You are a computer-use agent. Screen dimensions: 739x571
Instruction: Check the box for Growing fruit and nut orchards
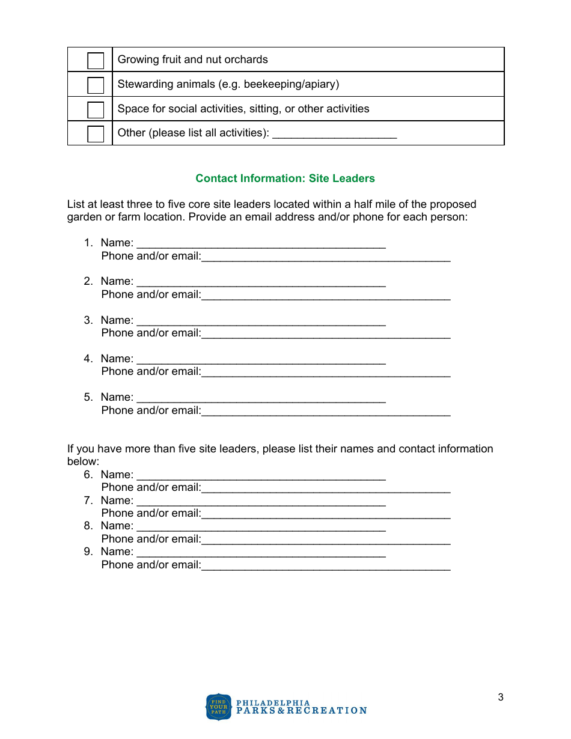point(96,61)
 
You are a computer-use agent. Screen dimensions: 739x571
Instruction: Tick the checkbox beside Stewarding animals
point(96,85)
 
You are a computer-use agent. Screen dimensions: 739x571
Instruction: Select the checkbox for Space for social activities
point(96,110)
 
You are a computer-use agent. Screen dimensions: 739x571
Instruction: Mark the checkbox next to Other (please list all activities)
point(96,134)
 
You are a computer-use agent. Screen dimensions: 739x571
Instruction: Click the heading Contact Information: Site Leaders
point(285,178)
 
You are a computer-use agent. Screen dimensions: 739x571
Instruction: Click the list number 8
point(88,526)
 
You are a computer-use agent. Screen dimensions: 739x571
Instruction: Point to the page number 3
point(501,698)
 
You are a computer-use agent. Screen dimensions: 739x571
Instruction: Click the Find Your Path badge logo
point(219,707)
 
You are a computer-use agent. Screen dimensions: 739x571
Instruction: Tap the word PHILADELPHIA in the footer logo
point(273,702)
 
